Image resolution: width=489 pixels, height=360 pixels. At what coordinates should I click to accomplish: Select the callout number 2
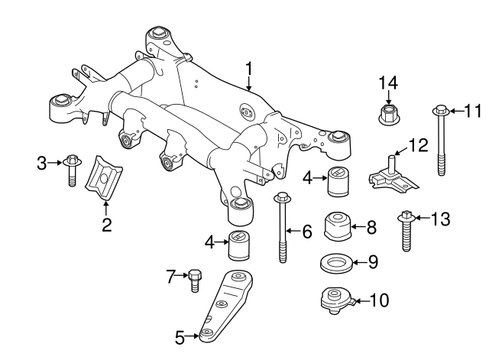tap(106, 224)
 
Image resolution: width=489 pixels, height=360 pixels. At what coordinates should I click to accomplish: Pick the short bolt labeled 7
tap(193, 280)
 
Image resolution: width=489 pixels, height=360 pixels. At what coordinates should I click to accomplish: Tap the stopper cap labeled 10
tap(334, 300)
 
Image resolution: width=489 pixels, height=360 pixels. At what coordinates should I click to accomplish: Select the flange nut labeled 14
tap(388, 115)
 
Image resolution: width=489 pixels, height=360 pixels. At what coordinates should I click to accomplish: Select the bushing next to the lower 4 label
tap(241, 243)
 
